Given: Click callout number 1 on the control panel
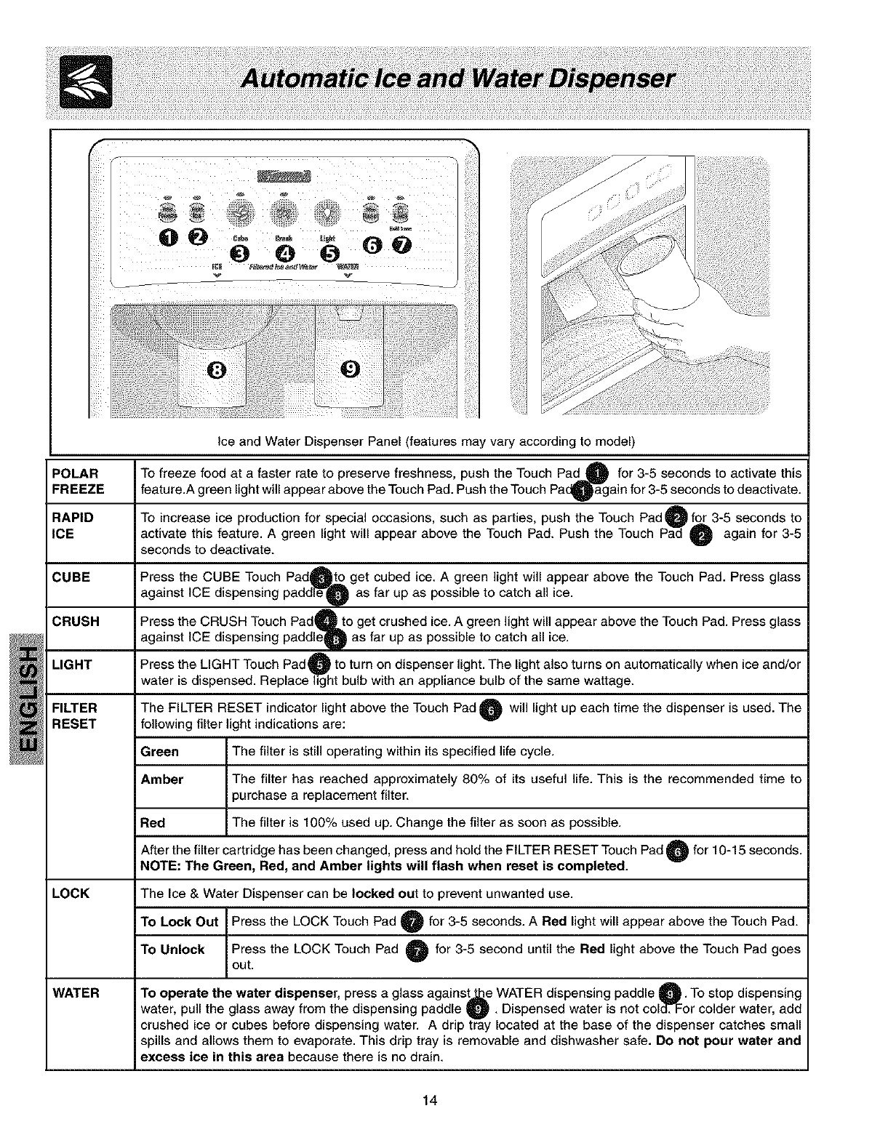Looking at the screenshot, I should pos(166,237).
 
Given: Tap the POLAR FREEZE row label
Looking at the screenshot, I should pos(78,481).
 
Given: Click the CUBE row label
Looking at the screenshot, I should pos(71,577).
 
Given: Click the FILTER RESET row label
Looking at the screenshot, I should pos(75,715).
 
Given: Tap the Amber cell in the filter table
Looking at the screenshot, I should pos(162,779).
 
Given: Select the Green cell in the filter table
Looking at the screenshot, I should pos(160,751).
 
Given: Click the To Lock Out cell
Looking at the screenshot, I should pos(180,922).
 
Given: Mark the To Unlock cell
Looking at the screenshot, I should pos(173,950).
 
